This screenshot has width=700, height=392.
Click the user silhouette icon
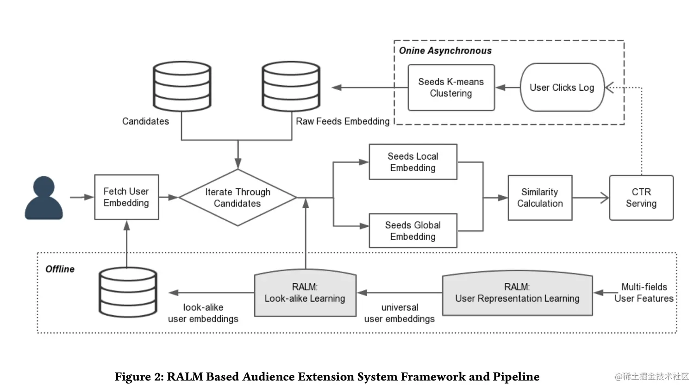(44, 198)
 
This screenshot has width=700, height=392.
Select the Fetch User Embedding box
(126, 197)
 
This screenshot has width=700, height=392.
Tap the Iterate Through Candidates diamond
(237, 198)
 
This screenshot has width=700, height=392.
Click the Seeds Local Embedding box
(412, 162)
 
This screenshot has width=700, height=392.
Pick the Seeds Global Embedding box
(412, 230)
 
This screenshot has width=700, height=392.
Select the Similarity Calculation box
(540, 198)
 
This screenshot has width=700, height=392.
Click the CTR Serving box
(641, 198)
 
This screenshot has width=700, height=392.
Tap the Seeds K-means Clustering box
(451, 87)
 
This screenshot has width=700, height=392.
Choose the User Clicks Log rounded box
(562, 87)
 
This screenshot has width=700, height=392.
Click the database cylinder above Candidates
(182, 87)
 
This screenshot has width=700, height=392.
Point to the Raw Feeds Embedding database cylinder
(291, 87)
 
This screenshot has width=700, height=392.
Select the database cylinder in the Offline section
(128, 292)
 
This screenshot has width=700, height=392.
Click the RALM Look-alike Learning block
(305, 293)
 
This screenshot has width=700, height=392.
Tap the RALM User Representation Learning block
(517, 293)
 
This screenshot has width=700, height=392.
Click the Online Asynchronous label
(445, 51)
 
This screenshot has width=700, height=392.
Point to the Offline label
(60, 269)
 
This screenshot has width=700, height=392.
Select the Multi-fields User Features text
(644, 293)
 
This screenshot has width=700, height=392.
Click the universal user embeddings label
(400, 313)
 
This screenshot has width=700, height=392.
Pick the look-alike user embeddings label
(203, 313)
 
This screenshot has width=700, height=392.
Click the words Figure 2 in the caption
(138, 377)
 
